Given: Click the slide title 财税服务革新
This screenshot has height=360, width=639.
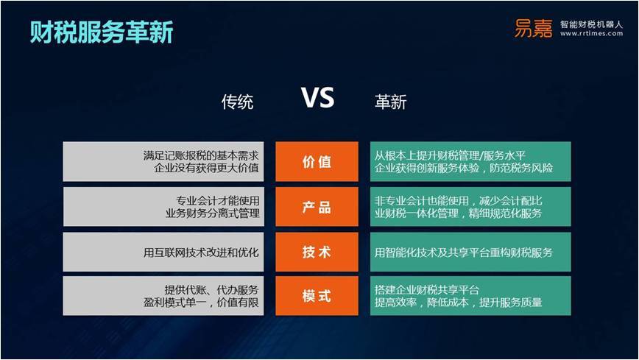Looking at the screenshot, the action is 102,32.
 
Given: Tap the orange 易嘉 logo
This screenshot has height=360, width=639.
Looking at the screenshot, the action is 533,29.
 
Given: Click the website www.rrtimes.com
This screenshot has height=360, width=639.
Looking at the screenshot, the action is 591,33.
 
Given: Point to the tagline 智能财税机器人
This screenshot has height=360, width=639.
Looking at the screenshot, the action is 591,24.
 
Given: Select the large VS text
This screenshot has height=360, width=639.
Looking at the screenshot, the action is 318,98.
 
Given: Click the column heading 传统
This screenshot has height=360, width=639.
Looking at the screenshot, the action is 237,102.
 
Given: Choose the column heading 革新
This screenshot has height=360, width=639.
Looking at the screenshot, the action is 390,102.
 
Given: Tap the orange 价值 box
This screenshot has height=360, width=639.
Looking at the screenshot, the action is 317,161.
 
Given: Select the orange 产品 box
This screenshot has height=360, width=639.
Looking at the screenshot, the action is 317,207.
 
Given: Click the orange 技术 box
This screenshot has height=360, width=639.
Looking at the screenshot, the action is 317,252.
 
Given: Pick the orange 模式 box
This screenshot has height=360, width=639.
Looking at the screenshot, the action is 317,296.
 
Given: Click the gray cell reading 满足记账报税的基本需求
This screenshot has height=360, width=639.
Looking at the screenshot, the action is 163,161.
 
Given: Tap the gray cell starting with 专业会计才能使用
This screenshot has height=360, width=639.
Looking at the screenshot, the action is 163,207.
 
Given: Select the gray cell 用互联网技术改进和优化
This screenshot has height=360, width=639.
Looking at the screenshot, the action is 163,252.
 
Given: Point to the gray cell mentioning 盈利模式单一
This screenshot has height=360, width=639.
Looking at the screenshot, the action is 163,296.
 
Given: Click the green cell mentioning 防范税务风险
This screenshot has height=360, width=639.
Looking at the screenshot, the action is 470,161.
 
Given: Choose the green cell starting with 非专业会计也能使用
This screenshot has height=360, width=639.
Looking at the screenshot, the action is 470,207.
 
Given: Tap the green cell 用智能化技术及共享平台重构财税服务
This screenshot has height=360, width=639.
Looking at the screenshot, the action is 470,252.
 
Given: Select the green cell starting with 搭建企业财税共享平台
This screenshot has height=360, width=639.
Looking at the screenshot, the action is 470,296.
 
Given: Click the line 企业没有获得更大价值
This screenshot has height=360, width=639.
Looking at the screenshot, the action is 206,168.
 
